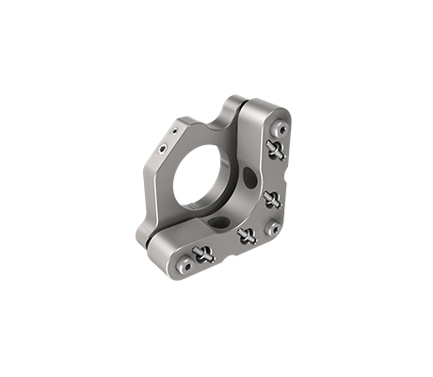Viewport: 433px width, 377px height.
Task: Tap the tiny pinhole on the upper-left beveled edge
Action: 175,123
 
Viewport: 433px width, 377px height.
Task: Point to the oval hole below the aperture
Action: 217,223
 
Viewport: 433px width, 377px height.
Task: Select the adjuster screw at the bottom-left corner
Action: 186,266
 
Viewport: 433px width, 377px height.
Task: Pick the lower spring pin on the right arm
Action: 272,198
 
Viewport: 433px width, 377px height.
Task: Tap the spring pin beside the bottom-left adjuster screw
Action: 204,253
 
